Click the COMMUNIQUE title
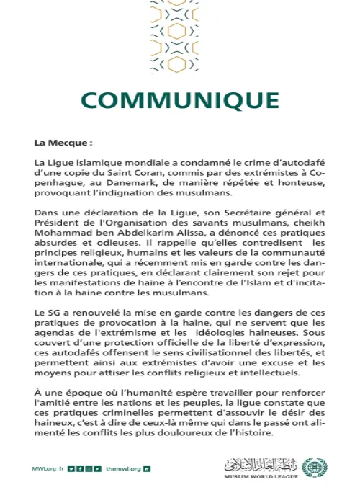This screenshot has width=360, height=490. coord(179,99)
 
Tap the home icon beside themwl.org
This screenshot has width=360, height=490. coord(148,469)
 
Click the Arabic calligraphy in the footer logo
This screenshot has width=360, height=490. coord(262,464)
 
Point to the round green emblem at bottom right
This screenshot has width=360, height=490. coord(312,468)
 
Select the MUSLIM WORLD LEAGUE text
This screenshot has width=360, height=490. coord(261,476)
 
